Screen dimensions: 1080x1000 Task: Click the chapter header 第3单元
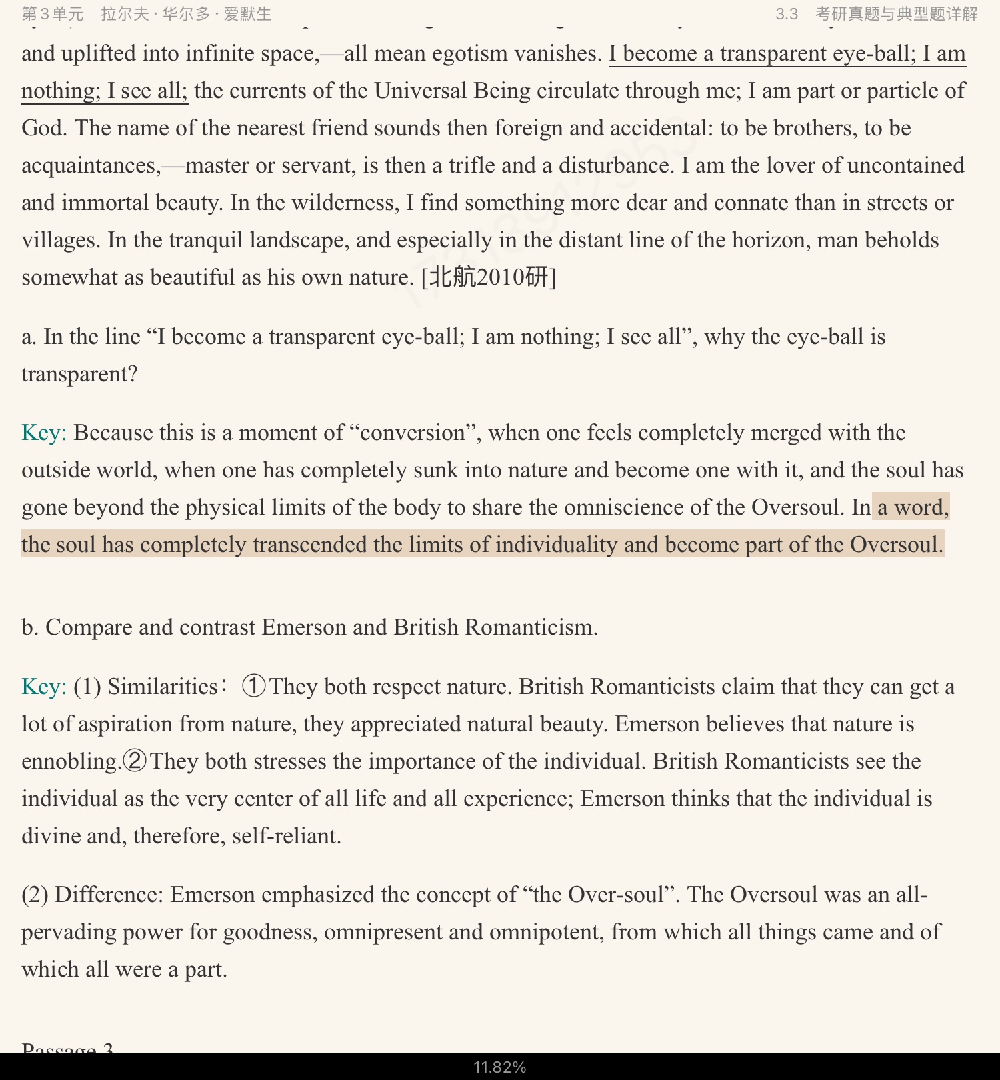(53, 14)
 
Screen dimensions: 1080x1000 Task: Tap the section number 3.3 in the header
(786, 14)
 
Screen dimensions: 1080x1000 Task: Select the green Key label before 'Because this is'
(43, 433)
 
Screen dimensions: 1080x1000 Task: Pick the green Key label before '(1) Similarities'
(43, 687)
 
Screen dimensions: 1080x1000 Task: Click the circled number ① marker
(253, 686)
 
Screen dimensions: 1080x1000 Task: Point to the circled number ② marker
(135, 761)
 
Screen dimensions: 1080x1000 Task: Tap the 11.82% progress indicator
(500, 1067)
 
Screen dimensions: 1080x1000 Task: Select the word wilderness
(345, 203)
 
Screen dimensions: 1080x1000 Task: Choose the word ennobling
(71, 761)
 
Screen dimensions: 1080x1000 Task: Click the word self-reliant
(286, 836)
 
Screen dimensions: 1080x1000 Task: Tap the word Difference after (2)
(109, 895)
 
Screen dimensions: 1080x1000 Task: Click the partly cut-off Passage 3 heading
(67, 1048)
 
